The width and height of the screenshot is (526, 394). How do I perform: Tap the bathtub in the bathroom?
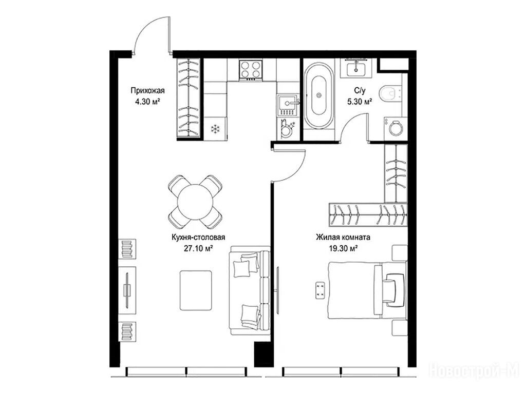tap(318, 95)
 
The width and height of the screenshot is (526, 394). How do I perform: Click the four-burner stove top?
tap(251, 70)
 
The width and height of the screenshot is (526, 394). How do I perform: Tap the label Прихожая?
tap(147, 90)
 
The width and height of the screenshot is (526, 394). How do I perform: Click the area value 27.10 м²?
tap(198, 249)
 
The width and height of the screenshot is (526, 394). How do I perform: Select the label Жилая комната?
tap(343, 237)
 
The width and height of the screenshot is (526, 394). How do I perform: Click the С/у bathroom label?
tap(360, 90)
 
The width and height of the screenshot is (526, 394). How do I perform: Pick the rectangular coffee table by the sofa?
tap(196, 290)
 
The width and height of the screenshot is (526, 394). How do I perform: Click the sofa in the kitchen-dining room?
tap(250, 290)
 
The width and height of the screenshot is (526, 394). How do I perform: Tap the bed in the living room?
tap(367, 290)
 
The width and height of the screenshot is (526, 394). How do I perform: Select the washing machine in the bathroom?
tap(396, 128)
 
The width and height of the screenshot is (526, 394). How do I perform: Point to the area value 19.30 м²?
tap(343, 249)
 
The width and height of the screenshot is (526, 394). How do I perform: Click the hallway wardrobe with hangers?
tap(189, 98)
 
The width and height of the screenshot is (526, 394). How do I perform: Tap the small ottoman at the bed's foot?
tap(321, 290)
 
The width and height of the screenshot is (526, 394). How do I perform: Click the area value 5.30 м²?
tap(360, 101)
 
